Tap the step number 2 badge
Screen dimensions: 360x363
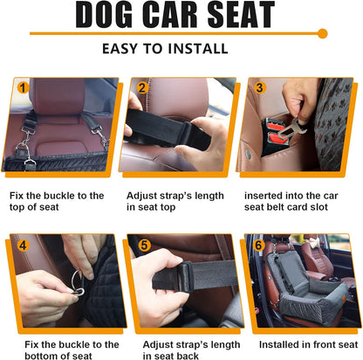pyautogui.click(x=141, y=87)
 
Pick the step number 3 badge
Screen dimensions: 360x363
pyautogui.click(x=258, y=87)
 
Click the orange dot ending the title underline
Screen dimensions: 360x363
pyautogui.click(x=322, y=33)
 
